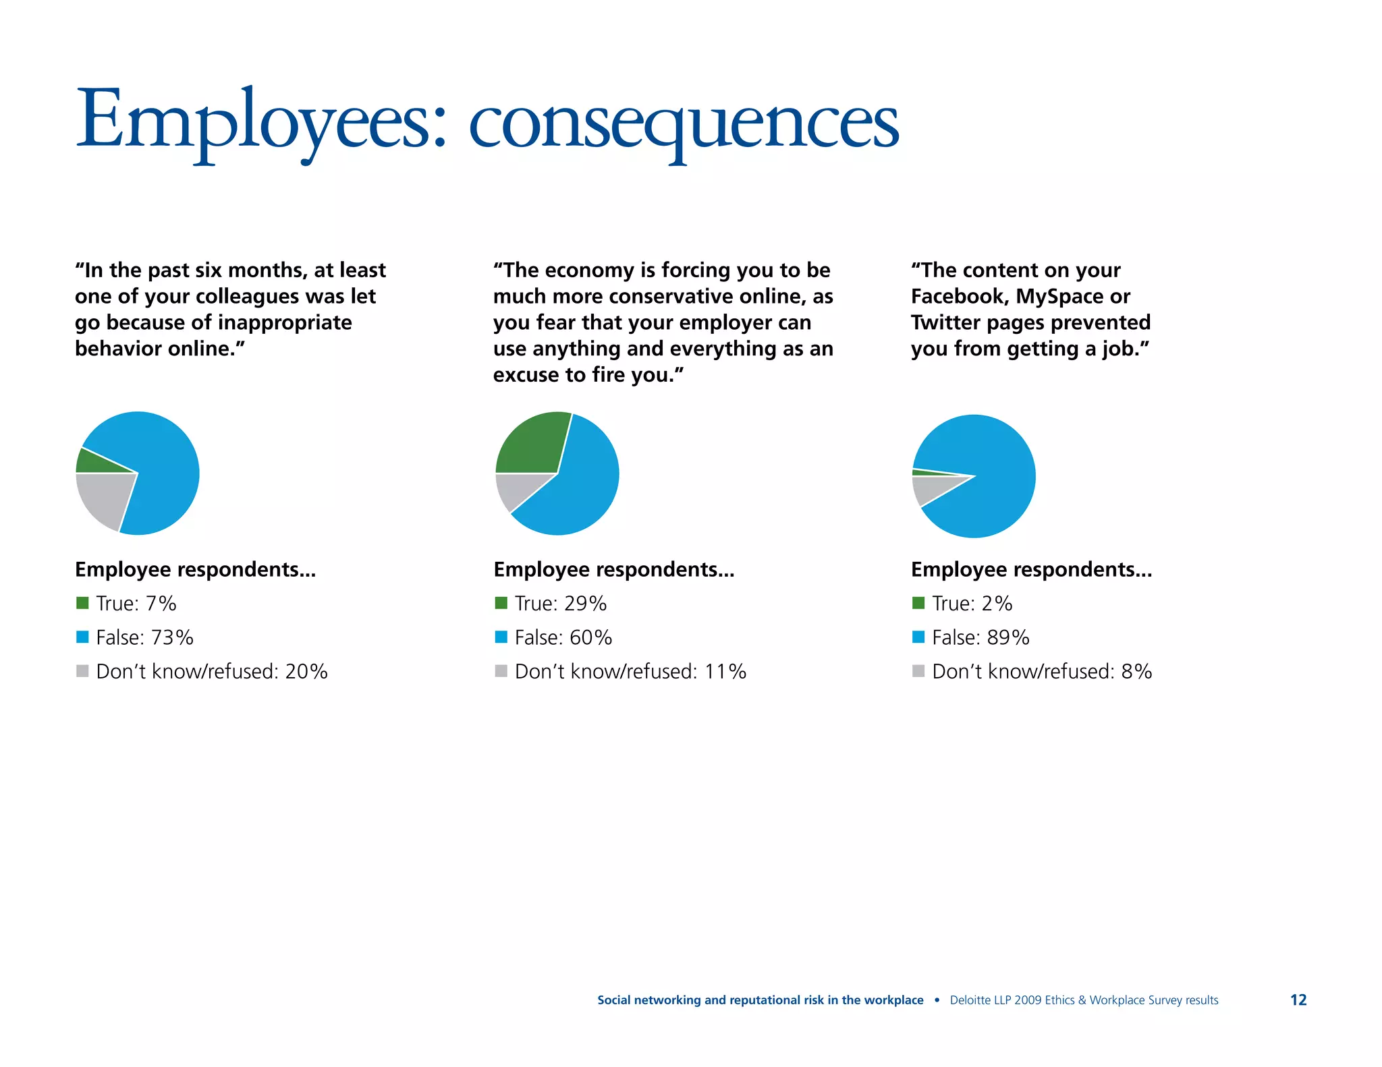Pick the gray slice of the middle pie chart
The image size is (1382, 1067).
pos(516,489)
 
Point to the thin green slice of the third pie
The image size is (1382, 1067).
pos(928,473)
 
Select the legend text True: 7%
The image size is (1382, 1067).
pos(136,603)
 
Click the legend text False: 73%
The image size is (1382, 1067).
pos(144,637)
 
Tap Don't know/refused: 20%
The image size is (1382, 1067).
pos(211,672)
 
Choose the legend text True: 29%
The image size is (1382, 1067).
pos(560,603)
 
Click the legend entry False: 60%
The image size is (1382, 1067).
pos(563,637)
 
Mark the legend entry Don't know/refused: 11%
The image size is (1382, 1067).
pos(630,672)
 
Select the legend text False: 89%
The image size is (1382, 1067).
pos(980,637)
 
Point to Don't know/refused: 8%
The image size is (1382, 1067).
pos(1041,672)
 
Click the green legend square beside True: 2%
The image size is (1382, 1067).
pos(918,603)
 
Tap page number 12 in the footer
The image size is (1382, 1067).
pos(1298,1000)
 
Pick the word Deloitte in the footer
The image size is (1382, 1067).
pos(970,1000)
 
